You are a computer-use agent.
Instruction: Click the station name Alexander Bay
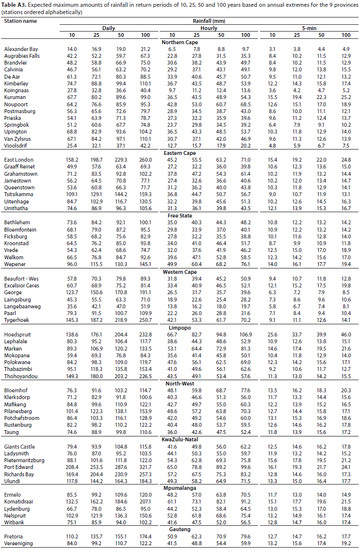click(21, 50)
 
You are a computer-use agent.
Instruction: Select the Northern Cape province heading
click(180, 42)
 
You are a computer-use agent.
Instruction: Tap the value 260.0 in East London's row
click(145, 160)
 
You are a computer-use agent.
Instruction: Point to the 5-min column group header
click(309, 29)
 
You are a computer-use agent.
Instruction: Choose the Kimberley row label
click(16, 84)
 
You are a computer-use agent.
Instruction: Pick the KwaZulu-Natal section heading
click(180, 439)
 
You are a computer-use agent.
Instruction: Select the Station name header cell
click(20, 21)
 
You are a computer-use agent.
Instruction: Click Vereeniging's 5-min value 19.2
click(345, 544)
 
